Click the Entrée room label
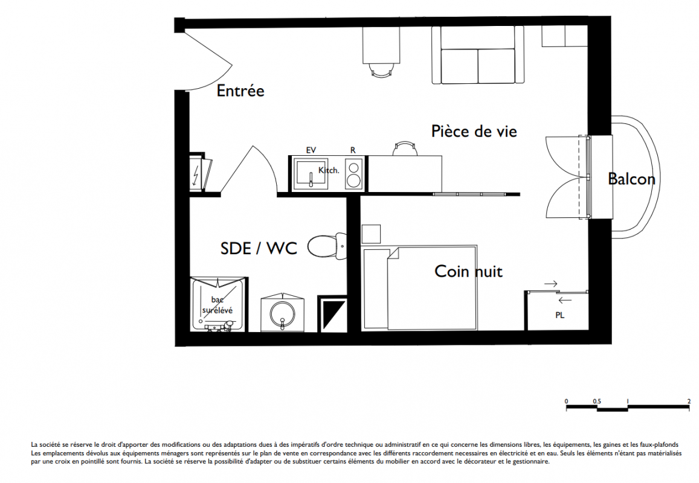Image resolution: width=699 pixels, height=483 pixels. pyautogui.click(x=240, y=91)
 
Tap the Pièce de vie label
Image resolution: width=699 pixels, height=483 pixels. pyautogui.click(x=474, y=131)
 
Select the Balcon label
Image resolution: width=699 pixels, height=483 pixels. pyautogui.click(x=632, y=179)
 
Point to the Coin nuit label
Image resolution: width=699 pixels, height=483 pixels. pyautogui.click(x=469, y=271)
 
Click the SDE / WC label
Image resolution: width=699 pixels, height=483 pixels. pyautogui.click(x=259, y=248)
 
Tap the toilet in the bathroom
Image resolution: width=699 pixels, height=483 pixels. pyautogui.click(x=327, y=246)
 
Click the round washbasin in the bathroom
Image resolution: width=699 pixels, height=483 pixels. pyautogui.click(x=282, y=314)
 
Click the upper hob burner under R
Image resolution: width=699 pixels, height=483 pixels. pyautogui.click(x=353, y=168)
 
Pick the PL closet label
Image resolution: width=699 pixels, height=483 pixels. pyautogui.click(x=560, y=315)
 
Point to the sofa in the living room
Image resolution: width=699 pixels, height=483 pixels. pyautogui.click(x=478, y=55)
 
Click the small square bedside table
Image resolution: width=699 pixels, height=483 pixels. pyautogui.click(x=370, y=234)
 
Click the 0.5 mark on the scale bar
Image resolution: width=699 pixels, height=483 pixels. pyautogui.click(x=597, y=401)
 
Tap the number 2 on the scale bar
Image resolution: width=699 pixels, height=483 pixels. pyautogui.click(x=689, y=401)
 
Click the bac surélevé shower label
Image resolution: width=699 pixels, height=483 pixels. pyautogui.click(x=217, y=305)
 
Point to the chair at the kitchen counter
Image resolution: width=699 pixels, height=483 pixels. pyautogui.click(x=405, y=149)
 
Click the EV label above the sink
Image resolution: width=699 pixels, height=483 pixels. pyautogui.click(x=311, y=150)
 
